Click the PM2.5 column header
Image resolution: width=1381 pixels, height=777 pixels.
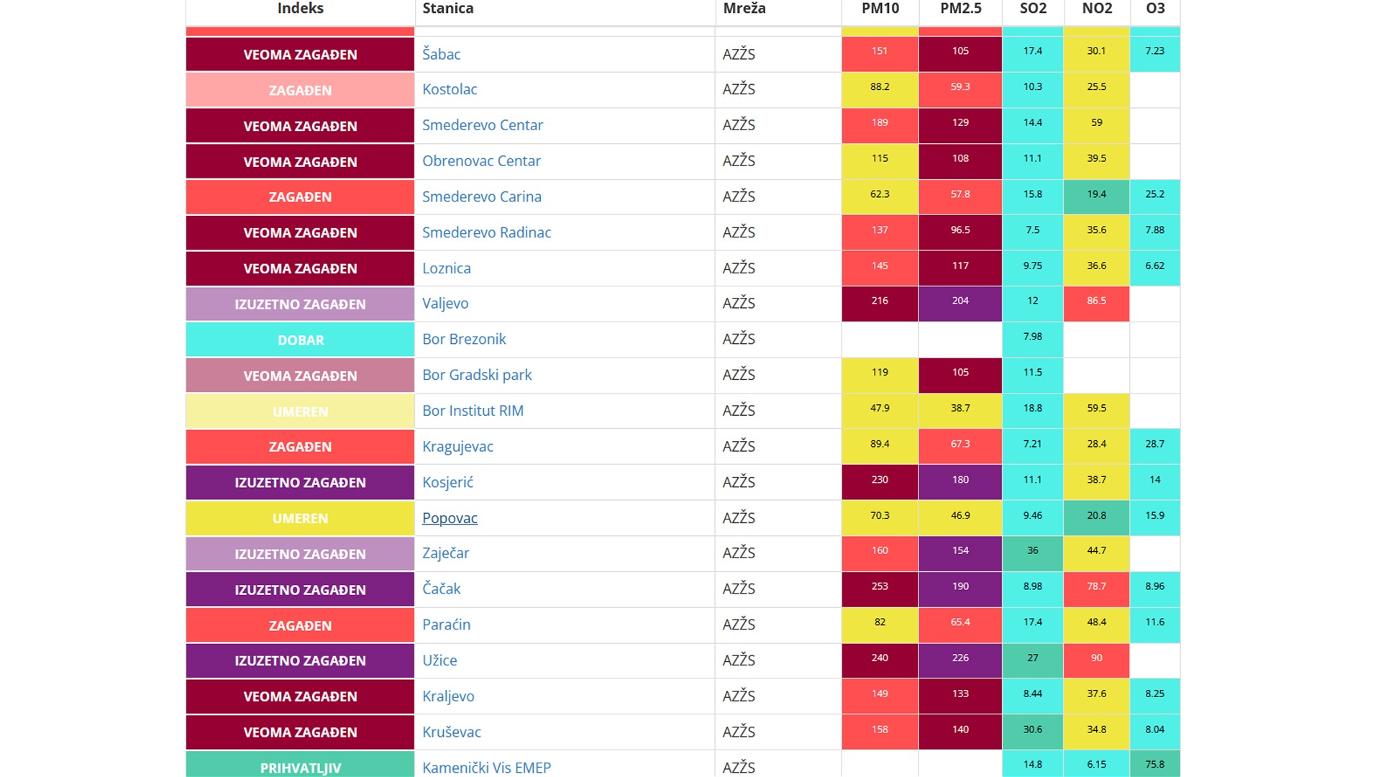[x=960, y=9]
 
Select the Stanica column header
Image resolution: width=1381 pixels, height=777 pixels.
[x=448, y=9]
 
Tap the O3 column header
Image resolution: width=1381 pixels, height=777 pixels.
[x=1155, y=9]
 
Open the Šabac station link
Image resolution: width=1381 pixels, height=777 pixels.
[x=441, y=54]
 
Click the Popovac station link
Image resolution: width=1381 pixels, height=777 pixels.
[x=450, y=518]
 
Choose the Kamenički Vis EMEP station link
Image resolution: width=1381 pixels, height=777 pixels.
[x=486, y=767]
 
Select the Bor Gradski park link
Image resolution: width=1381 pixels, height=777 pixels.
[x=477, y=375]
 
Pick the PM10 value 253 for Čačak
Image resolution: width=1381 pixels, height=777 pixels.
[x=880, y=586]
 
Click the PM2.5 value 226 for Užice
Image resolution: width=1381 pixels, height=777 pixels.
[x=960, y=658]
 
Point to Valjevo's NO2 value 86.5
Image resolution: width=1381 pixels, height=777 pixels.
[x=1096, y=301]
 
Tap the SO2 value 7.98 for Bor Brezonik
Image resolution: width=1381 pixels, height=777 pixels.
[x=1032, y=337]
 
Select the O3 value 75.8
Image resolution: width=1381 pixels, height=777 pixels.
[x=1154, y=764]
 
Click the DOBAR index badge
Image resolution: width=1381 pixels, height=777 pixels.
[x=300, y=340]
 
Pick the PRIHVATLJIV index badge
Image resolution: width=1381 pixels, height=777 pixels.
[x=300, y=767]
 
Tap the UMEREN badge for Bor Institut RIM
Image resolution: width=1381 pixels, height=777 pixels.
[x=300, y=412]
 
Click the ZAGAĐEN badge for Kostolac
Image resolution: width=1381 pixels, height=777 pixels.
[x=300, y=91]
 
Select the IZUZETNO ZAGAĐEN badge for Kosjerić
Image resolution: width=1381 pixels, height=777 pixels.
[x=300, y=483]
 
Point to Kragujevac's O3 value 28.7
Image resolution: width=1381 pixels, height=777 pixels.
[x=1154, y=444]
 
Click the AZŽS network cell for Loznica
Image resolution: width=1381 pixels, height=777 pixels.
[x=739, y=268]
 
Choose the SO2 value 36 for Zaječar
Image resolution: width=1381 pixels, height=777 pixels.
[x=1032, y=550]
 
